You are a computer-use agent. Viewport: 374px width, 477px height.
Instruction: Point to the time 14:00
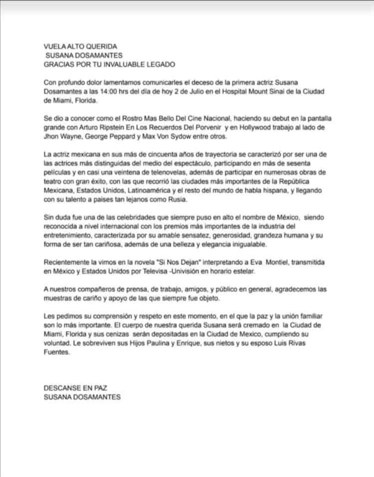[x=107, y=91]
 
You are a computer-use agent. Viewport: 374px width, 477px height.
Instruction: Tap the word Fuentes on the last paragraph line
[x=56, y=352]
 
